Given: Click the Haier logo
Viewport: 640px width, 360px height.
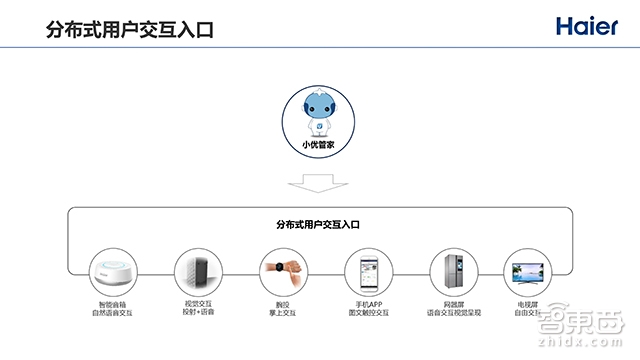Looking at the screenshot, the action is tap(590, 26).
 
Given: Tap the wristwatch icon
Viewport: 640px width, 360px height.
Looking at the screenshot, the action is tap(277, 270).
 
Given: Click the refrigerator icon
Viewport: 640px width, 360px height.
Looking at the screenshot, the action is tap(448, 270).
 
